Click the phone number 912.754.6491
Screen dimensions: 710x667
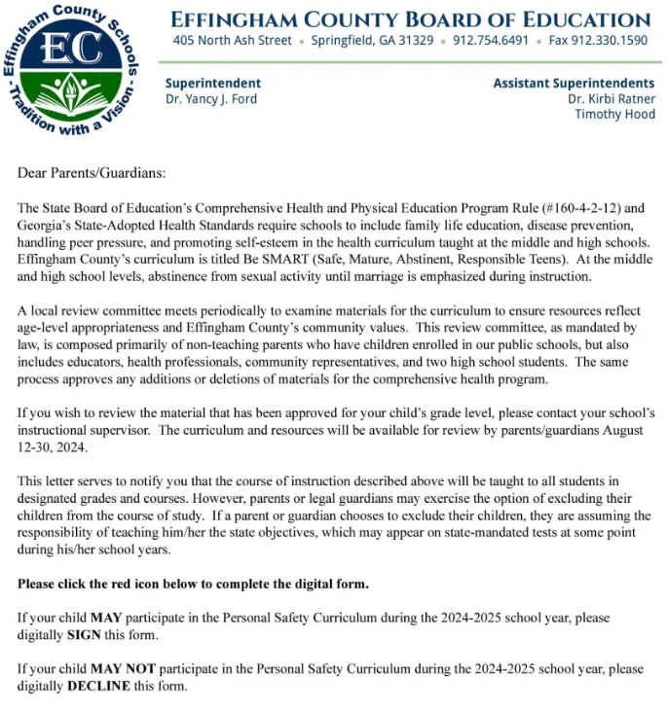[491, 41]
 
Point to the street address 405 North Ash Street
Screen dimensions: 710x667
[232, 41]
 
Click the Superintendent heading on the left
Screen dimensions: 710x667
[212, 84]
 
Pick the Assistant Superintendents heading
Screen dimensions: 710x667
[574, 84]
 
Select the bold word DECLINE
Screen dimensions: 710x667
[102, 686]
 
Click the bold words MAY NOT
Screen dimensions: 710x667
[124, 669]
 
